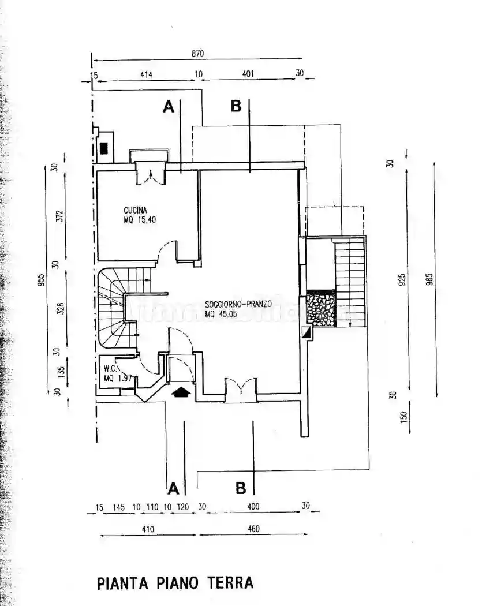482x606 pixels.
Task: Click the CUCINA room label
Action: pyautogui.click(x=136, y=210)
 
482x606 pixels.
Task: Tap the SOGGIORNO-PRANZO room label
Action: pyautogui.click(x=238, y=304)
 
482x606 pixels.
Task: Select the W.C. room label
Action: pyautogui.click(x=111, y=368)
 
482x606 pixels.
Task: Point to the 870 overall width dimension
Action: pyautogui.click(x=198, y=54)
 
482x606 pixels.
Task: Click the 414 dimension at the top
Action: pyautogui.click(x=146, y=74)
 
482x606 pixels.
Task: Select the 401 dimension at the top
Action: pyautogui.click(x=248, y=74)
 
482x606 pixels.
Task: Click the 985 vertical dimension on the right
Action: pyautogui.click(x=429, y=279)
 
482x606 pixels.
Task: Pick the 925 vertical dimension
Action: pyautogui.click(x=402, y=279)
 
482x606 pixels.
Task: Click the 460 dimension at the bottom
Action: pyautogui.click(x=253, y=529)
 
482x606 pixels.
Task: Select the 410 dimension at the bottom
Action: pyautogui.click(x=148, y=529)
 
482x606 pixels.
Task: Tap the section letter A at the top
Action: pyautogui.click(x=168, y=107)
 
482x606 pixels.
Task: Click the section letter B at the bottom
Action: pyautogui.click(x=241, y=489)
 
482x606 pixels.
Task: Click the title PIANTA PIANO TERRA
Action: pyautogui.click(x=175, y=582)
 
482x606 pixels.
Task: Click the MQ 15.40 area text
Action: pyautogui.click(x=140, y=220)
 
